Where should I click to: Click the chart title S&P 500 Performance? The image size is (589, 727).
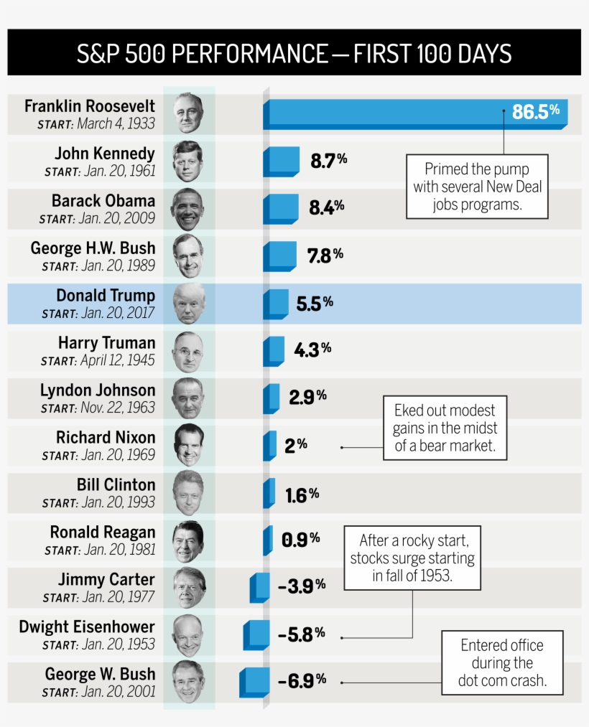[x=294, y=54]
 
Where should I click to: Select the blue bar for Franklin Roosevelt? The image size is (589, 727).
[x=388, y=113]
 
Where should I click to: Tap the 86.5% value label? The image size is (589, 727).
[x=535, y=112]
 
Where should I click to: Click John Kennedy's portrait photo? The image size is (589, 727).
[x=188, y=161]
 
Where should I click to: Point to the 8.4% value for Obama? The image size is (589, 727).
[x=326, y=207]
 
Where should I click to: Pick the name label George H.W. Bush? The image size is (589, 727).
[x=93, y=248]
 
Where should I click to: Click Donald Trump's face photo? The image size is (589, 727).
[x=189, y=303]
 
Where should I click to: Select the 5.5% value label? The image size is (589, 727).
[x=315, y=303]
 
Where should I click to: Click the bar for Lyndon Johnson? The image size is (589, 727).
[x=272, y=398]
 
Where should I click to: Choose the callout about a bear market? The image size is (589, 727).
[x=445, y=428]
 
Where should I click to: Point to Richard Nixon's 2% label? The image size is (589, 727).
[x=295, y=445]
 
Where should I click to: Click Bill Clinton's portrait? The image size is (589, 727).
[x=188, y=492]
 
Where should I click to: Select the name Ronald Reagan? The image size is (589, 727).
[x=102, y=533]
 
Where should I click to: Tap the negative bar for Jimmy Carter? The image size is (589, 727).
[x=259, y=587]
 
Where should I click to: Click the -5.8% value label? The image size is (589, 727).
[x=301, y=634]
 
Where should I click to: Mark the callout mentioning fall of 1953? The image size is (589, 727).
[x=412, y=558]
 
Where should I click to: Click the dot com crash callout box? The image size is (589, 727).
[x=502, y=662]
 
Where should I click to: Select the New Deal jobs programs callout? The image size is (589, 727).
[x=477, y=187]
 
